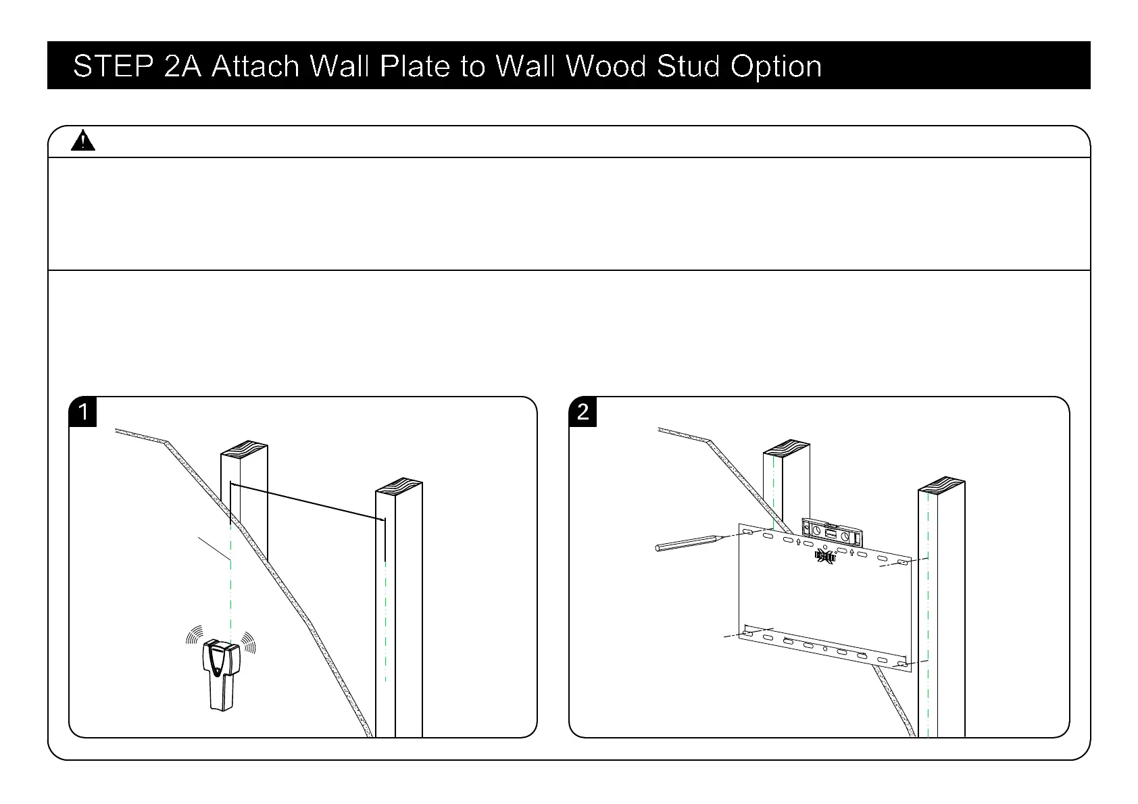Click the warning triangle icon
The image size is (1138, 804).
(x=82, y=141)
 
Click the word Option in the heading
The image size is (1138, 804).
(x=776, y=67)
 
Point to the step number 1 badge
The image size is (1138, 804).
(x=83, y=411)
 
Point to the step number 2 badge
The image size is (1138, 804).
(x=583, y=411)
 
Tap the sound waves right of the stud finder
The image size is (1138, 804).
(x=249, y=641)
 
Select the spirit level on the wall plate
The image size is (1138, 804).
(x=832, y=532)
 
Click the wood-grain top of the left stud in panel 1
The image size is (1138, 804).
(x=244, y=449)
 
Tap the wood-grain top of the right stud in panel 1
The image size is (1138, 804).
(x=399, y=486)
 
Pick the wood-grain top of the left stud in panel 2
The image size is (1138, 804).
(x=786, y=447)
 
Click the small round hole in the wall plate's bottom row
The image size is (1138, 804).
(x=825, y=649)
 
